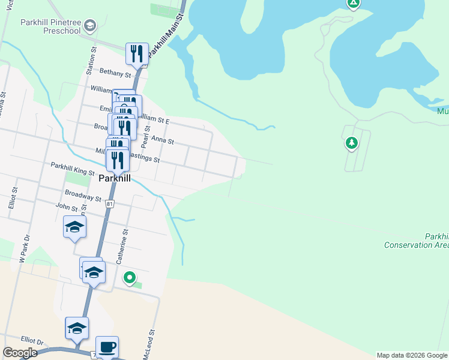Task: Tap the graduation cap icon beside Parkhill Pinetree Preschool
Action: pos(89,25)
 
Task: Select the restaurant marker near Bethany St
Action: pos(137,53)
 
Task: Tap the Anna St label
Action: pos(162,140)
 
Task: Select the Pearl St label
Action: pos(145,137)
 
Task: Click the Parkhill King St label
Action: pos(73,168)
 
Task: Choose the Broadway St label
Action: pos(83,196)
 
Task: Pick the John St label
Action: pos(66,207)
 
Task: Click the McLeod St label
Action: pos(149,344)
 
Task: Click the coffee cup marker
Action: pos(107,346)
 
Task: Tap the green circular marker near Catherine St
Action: pos(129,277)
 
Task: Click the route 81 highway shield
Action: pos(109,204)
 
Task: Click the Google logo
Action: pos(20,353)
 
